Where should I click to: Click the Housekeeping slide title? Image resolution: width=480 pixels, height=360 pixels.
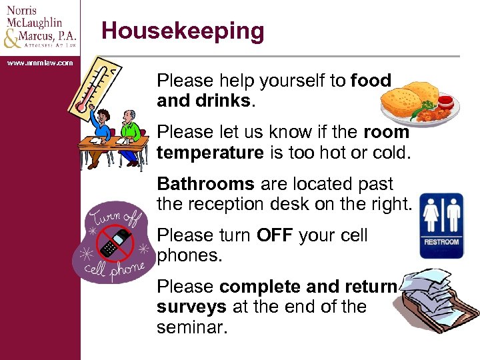tap(183, 31)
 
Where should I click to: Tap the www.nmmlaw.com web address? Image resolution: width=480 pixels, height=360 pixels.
tap(40, 63)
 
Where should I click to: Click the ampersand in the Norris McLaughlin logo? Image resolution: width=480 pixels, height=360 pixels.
tap(12, 39)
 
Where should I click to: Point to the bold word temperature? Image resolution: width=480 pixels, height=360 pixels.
tap(210, 153)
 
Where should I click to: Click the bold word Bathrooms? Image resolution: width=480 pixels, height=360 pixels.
tap(205, 184)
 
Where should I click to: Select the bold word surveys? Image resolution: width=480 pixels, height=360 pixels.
tap(191, 307)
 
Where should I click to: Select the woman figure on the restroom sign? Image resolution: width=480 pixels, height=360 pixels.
tap(432, 215)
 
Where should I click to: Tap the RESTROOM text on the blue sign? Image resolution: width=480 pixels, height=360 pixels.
tap(441, 241)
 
